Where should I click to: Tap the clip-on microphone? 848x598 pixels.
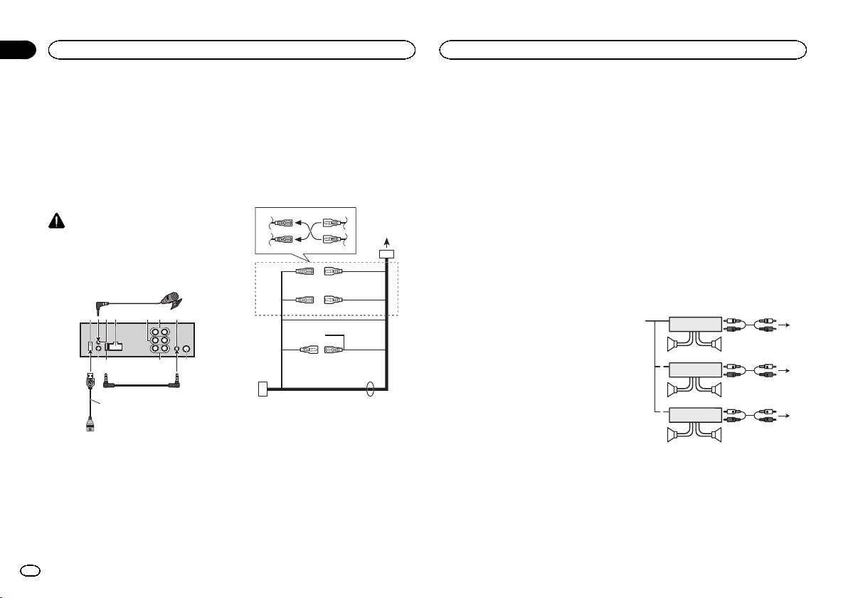[172, 298]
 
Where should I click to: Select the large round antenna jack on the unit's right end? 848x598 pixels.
[187, 350]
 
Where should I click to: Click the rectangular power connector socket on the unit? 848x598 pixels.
[115, 347]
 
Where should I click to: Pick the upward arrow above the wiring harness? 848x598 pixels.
[386, 242]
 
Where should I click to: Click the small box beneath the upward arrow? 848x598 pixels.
[386, 254]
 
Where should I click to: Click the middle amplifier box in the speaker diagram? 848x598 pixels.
[695, 370]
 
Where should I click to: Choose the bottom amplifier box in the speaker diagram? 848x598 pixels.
[695, 415]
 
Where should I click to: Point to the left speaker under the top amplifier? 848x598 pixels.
[674, 346]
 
